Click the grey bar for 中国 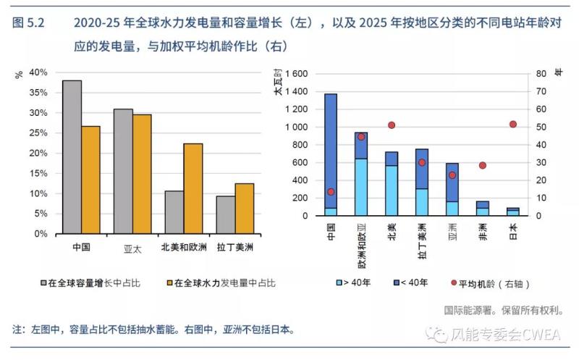tap(72, 156)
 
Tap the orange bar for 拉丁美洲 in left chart tap(245, 209)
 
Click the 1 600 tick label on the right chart tap(297, 74)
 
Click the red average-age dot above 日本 tap(513, 124)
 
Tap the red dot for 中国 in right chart tap(331, 192)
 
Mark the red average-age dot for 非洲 tap(483, 165)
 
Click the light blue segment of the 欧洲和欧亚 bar tap(361, 187)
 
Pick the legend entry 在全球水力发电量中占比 tap(221, 283)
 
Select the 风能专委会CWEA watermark tap(500, 335)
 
